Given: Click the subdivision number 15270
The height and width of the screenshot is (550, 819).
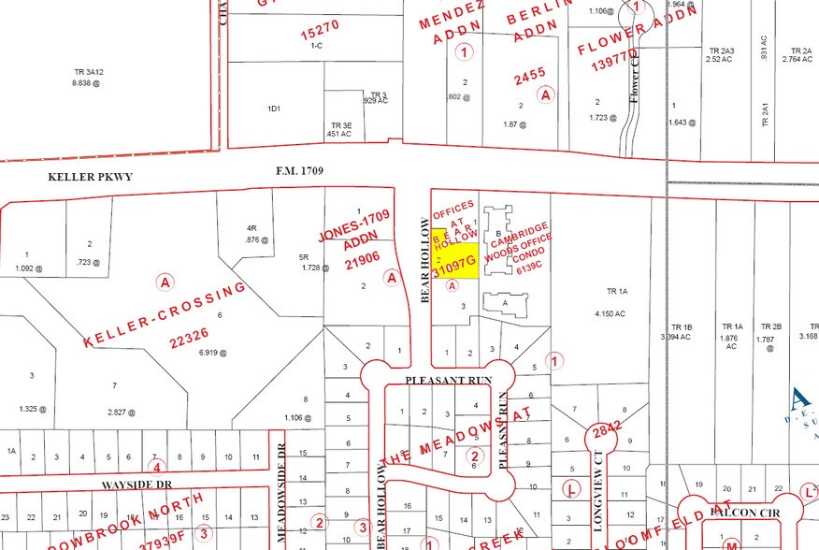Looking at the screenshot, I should tap(320, 34).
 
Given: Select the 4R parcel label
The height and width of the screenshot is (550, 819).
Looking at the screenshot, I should tap(251, 228).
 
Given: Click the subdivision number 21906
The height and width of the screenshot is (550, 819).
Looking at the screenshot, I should tap(362, 265).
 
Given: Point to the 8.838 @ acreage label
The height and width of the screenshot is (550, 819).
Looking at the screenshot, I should tap(85, 82).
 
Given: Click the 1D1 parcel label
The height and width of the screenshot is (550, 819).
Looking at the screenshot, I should tap(274, 109).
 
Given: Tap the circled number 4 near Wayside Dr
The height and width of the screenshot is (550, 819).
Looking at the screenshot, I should tap(157, 467).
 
